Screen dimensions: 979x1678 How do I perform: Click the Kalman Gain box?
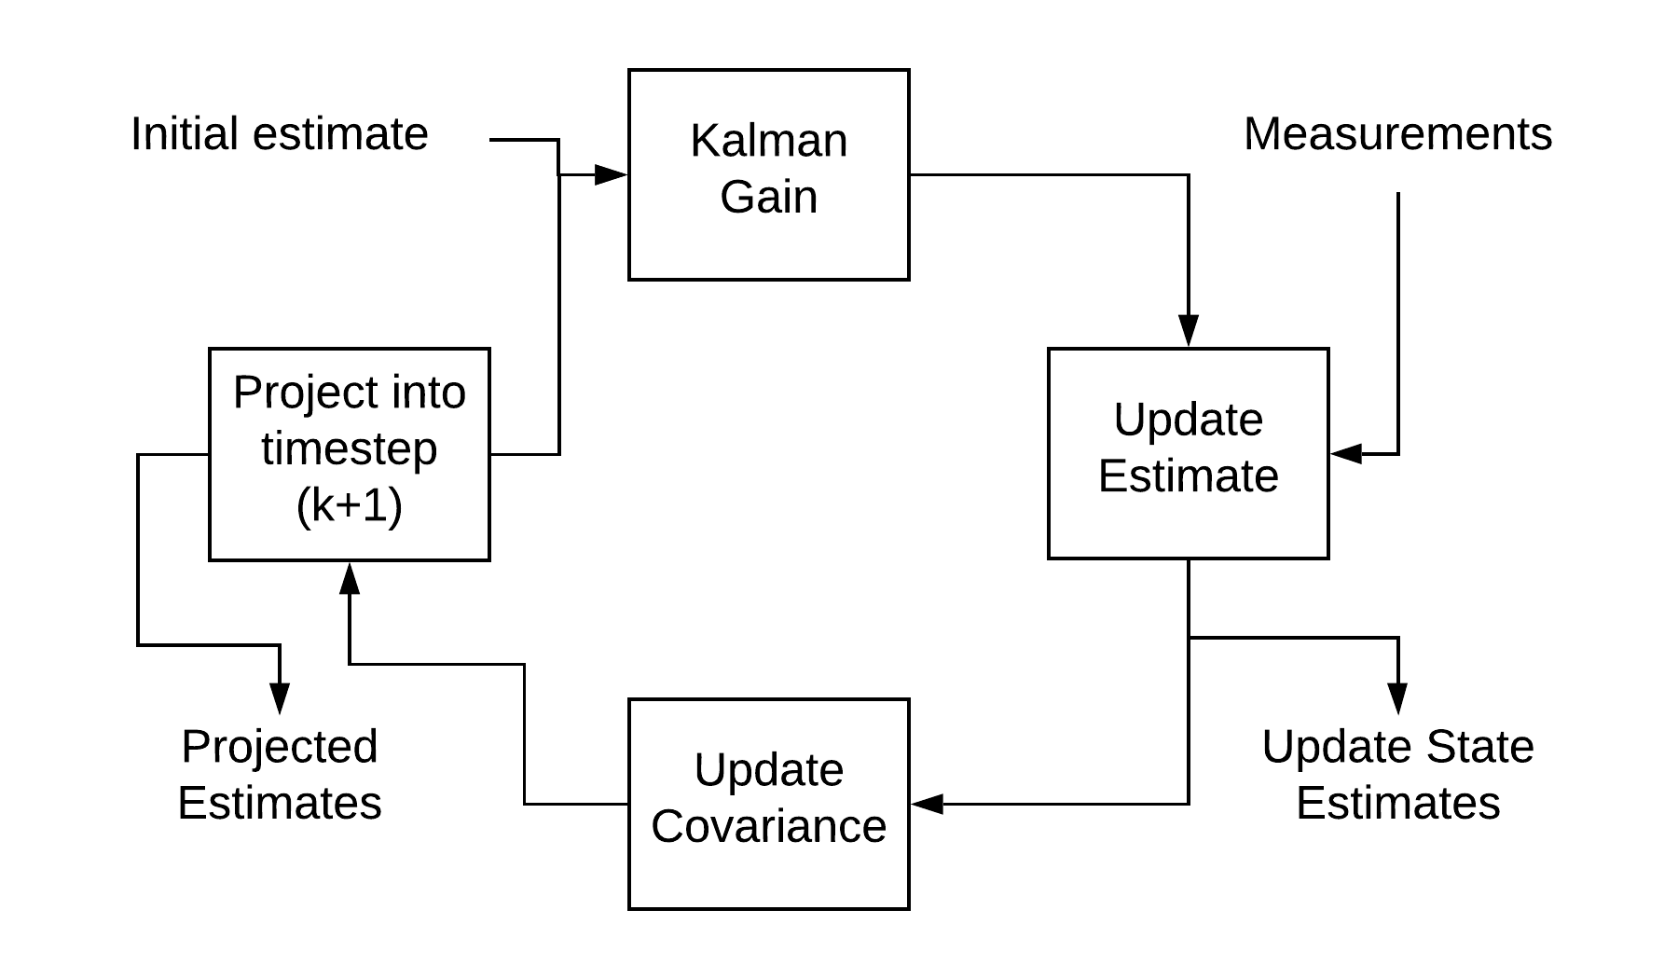(x=768, y=174)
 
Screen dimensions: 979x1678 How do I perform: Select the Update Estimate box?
(x=1188, y=454)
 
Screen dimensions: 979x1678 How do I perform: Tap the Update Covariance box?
(x=768, y=804)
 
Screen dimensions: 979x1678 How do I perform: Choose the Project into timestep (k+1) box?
(x=349, y=454)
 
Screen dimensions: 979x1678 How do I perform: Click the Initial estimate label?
(x=280, y=134)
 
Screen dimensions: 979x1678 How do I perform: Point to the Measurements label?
(x=1397, y=134)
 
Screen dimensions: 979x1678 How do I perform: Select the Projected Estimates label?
(x=280, y=775)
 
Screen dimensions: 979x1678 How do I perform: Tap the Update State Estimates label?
(x=1397, y=775)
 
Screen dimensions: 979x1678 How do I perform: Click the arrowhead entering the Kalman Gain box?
(x=612, y=174)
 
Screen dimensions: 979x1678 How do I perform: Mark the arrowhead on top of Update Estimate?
(x=1188, y=331)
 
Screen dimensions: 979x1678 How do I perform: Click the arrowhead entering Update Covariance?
(x=928, y=804)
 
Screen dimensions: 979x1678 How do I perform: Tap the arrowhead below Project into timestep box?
(x=349, y=578)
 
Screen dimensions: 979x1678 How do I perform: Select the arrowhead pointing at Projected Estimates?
(x=280, y=697)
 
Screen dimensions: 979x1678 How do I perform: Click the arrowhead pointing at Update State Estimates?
(x=1397, y=697)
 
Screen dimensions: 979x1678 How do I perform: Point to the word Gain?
(x=768, y=198)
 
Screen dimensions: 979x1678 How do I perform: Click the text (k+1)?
(x=349, y=506)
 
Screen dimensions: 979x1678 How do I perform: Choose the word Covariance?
(x=768, y=827)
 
